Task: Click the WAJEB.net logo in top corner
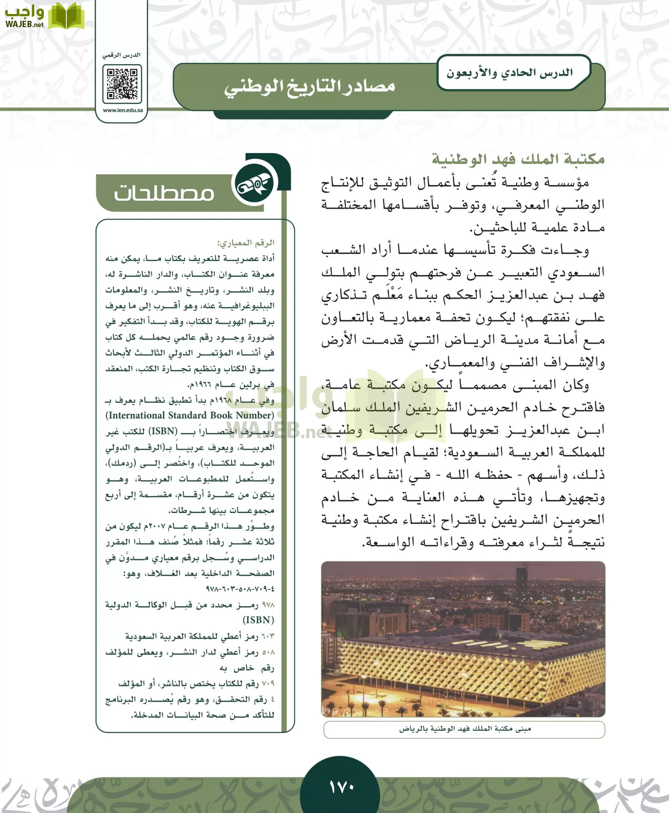click(x=44, y=16)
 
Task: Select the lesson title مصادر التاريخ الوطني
click(x=310, y=86)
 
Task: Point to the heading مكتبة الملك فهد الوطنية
click(x=518, y=159)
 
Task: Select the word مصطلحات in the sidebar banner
click(x=164, y=193)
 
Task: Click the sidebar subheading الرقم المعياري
click(x=246, y=243)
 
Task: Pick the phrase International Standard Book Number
click(x=190, y=416)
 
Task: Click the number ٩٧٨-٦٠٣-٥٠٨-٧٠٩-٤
click(x=240, y=589)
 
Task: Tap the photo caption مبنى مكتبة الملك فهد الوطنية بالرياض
click(x=465, y=729)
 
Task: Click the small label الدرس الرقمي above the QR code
click(x=122, y=55)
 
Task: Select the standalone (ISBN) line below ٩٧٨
click(x=258, y=620)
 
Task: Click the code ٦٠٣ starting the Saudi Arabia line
click(x=268, y=636)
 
